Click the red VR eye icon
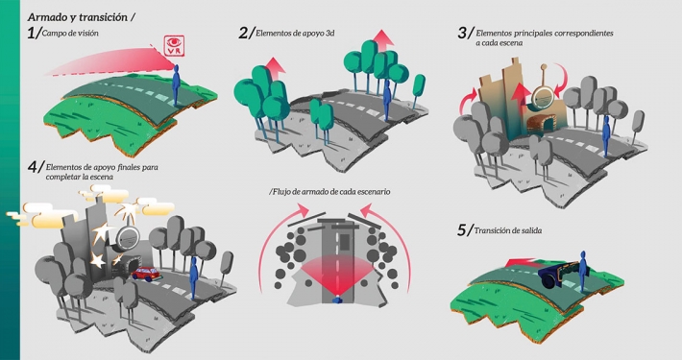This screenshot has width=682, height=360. pos(174,45)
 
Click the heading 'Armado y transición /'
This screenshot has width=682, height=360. pos(81,16)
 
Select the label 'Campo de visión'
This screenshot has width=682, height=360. pos(76,34)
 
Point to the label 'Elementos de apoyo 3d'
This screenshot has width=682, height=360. pos(298,34)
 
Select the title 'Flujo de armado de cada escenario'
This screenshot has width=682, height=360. pos(330,192)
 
